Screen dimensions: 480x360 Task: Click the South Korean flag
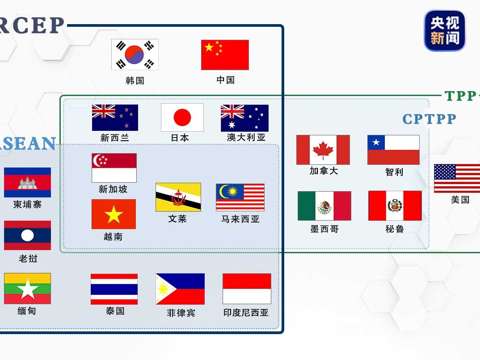tap(135, 54)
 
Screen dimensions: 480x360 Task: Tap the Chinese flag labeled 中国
tap(225, 55)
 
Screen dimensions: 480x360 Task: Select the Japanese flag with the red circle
tap(182, 117)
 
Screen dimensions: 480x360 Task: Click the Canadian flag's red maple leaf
tap(323, 150)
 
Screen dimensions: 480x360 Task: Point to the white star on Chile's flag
tap(376, 142)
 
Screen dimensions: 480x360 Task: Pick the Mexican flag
tap(324, 206)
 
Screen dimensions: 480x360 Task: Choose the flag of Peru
tap(395, 205)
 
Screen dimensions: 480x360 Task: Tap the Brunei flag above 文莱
tap(178, 197)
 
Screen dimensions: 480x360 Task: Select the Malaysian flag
tap(240, 197)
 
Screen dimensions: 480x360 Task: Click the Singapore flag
tap(114, 168)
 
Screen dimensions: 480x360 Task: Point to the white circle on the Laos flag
tap(28, 235)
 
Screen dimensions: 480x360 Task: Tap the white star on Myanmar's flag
tap(28, 289)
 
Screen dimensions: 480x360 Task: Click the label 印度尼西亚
tap(246, 312)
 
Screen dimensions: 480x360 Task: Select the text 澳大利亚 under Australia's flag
tap(246, 137)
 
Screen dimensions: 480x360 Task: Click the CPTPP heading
tap(429, 119)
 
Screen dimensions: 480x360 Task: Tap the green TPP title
tap(460, 96)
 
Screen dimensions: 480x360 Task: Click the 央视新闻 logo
tap(445, 31)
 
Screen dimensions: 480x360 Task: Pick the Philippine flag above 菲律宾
tap(180, 289)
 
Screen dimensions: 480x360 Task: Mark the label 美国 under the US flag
tap(460, 200)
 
